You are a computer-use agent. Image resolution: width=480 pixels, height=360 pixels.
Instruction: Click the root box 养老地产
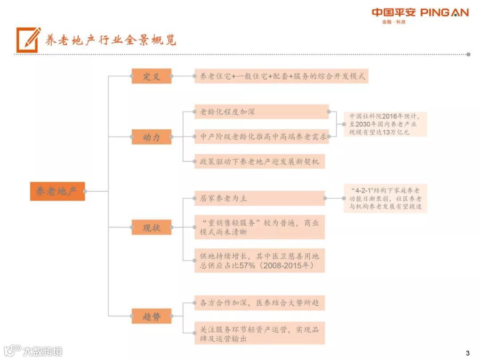click(57, 191)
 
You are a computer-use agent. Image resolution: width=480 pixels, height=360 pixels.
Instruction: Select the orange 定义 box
click(152, 76)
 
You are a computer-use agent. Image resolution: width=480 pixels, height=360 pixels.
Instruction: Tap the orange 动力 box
click(152, 137)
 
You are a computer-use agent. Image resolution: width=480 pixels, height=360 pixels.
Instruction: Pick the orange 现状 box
click(152, 228)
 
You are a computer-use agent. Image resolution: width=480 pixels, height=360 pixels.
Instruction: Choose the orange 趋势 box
click(152, 316)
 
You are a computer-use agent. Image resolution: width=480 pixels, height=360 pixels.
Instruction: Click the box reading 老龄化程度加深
click(261, 112)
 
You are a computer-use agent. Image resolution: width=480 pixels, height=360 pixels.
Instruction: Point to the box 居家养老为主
click(260, 198)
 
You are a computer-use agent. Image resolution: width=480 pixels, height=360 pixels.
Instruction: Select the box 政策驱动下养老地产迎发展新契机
click(260, 161)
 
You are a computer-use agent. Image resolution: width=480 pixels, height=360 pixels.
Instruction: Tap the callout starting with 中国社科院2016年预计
click(385, 124)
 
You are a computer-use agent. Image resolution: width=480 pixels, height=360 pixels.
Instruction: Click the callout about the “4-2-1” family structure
click(385, 198)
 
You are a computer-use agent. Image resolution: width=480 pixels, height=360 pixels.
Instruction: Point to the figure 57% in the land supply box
click(247, 265)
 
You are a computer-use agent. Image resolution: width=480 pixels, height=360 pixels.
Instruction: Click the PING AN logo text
click(444, 12)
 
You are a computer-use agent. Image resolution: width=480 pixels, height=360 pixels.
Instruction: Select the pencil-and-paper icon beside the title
click(28, 40)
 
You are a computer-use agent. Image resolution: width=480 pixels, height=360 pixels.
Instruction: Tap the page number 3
click(467, 353)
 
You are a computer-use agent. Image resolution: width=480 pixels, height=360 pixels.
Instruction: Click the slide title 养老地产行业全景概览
click(111, 40)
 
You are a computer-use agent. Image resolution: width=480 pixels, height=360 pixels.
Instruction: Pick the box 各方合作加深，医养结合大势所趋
click(260, 303)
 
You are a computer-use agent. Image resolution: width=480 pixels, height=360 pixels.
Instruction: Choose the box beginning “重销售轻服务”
click(260, 227)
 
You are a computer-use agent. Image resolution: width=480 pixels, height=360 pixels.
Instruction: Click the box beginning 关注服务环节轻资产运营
click(260, 333)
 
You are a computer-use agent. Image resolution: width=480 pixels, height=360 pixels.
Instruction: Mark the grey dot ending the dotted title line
click(468, 54)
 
